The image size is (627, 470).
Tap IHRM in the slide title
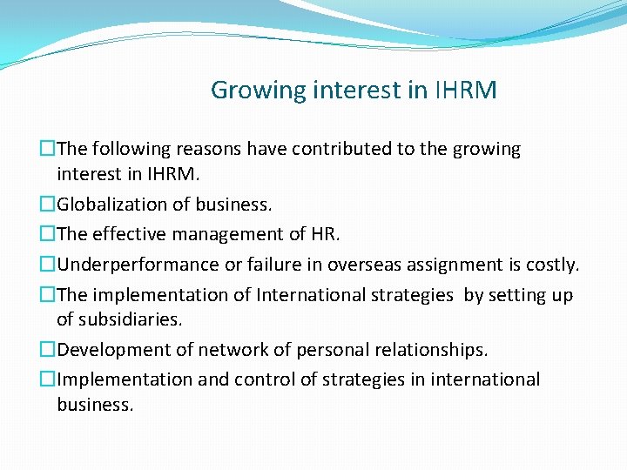(x=465, y=91)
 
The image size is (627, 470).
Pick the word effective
(x=129, y=234)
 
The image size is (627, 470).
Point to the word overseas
(x=359, y=264)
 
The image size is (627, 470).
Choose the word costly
(x=552, y=264)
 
